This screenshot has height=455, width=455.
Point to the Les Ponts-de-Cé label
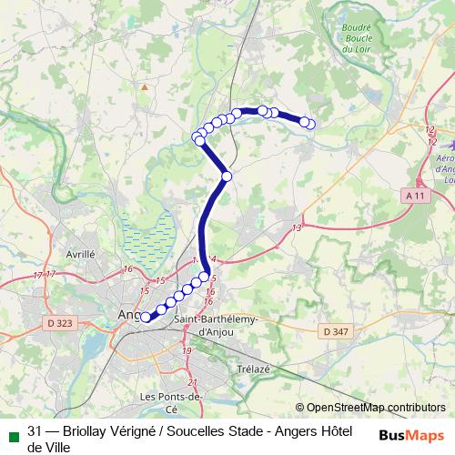point(170,403)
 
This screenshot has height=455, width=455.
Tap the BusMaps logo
point(412,434)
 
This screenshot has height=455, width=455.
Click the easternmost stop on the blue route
point(311,124)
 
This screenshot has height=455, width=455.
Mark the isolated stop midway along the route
point(227,176)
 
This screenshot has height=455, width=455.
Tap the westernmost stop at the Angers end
point(144,317)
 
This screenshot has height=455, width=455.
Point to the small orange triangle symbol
point(143,86)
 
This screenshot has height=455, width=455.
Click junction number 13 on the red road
point(297,227)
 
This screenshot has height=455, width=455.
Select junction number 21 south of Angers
point(192,382)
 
